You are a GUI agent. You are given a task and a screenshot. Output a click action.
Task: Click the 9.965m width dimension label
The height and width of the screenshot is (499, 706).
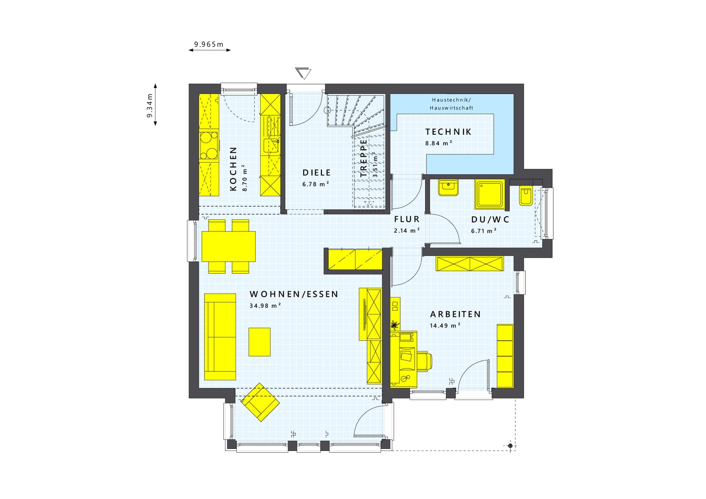click(209, 44)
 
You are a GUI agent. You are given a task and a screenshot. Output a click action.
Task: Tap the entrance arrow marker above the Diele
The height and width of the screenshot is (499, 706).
click(303, 73)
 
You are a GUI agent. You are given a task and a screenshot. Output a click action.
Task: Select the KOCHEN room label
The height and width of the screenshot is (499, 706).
click(233, 169)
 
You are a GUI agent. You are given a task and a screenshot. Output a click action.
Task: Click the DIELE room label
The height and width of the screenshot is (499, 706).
click(316, 173)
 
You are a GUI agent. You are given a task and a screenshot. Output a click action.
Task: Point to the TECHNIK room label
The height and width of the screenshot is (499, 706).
click(448, 132)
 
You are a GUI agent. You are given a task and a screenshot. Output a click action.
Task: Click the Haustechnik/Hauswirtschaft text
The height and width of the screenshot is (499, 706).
click(452, 104)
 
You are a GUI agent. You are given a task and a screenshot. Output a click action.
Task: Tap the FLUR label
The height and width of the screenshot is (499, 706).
click(407, 220)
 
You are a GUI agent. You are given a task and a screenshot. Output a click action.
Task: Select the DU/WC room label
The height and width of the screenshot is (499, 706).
click(490, 220)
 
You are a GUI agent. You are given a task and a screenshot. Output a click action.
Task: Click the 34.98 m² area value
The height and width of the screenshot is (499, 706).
click(265, 305)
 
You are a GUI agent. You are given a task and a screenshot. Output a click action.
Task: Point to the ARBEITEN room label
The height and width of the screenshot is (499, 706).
click(455, 314)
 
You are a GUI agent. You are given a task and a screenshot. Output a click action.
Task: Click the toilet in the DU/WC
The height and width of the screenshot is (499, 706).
click(526, 196)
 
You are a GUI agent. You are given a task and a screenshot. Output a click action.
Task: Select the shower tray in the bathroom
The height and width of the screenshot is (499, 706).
click(490, 194)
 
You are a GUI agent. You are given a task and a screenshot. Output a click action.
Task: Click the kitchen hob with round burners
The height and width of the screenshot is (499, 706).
click(209, 145)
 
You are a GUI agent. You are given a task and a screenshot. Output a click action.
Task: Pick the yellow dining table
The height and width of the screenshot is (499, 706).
click(229, 246)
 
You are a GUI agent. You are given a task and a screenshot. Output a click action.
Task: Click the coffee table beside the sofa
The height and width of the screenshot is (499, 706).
click(259, 342)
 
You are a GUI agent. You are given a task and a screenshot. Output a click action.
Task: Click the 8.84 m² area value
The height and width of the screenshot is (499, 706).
click(439, 143)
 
